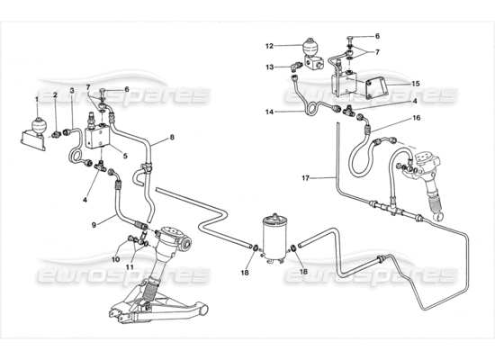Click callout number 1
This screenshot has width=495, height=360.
point(37,100)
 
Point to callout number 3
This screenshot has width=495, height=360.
point(72,91)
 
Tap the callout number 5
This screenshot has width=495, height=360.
point(125,156)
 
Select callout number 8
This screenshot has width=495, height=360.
point(172,138)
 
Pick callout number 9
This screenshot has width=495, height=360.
point(94,225)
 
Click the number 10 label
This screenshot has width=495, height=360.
point(116,259)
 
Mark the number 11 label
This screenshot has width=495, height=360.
point(130,267)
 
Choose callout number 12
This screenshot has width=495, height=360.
point(269,46)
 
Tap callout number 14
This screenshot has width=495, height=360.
point(269,112)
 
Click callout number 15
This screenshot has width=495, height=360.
point(416,84)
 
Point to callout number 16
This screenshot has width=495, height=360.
point(417,118)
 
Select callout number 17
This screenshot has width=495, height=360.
point(306,178)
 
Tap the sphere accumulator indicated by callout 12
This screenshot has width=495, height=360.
point(311,46)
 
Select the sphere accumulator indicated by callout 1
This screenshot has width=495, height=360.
point(40,124)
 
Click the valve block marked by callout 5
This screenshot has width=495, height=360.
point(97,137)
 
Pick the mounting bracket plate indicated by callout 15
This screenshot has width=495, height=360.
point(375,87)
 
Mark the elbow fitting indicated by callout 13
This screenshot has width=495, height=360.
point(296,66)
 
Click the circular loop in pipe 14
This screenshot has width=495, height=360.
point(312,108)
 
